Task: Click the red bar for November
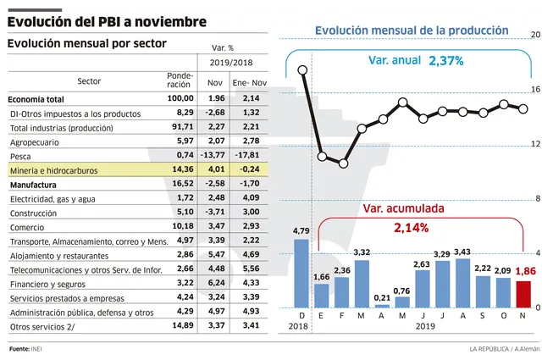coord(523,293)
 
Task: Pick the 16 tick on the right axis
coord(535,89)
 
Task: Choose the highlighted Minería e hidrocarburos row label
coord(53,170)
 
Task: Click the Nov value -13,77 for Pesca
coord(213,157)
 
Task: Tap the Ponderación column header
coord(180,80)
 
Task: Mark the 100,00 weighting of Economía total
coord(180,98)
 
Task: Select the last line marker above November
coord(523,108)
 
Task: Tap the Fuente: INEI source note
coord(25,349)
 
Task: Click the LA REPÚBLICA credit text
coord(493,349)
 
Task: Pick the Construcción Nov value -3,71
coord(213,212)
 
